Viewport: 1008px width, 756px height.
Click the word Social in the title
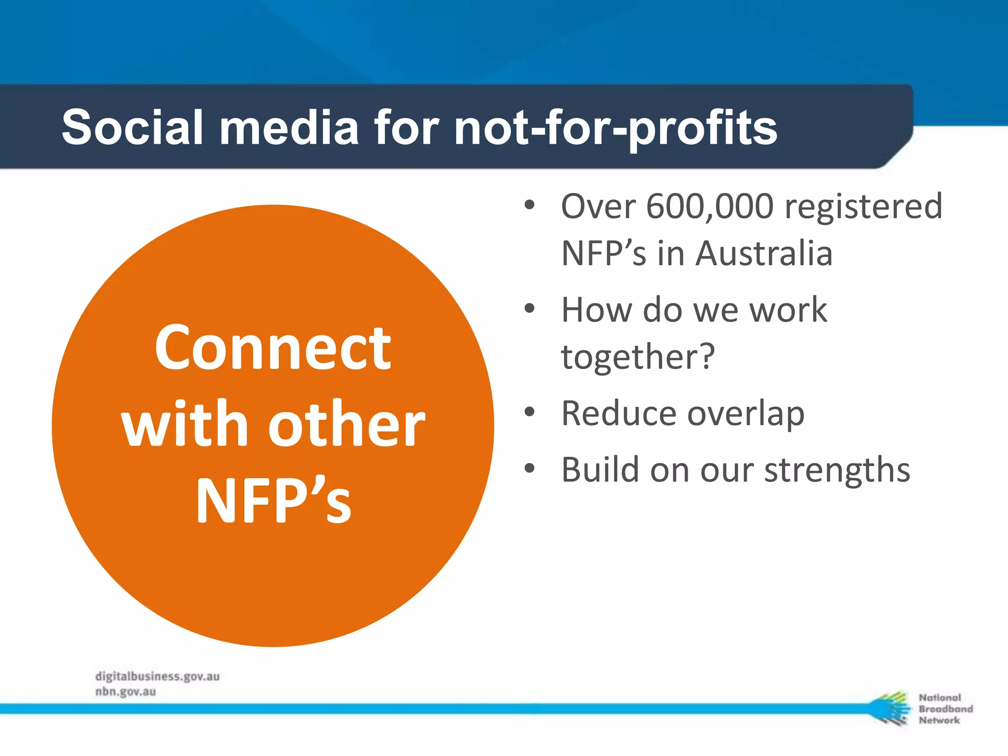132,128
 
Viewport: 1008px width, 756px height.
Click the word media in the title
289,128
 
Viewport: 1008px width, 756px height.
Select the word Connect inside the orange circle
273,348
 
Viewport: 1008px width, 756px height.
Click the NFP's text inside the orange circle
274,501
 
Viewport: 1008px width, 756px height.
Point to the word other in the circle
346,424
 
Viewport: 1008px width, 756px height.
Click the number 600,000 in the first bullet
709,206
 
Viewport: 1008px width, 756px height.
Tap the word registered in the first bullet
863,207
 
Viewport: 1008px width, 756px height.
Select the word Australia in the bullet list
764,253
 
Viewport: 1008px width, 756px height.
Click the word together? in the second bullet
638,356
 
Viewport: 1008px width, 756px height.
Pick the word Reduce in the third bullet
618,413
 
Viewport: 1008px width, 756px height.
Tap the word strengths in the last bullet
837,471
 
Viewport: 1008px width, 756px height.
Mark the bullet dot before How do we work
530,309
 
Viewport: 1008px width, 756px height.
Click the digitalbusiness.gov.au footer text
157,676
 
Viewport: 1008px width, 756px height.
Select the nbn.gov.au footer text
126,692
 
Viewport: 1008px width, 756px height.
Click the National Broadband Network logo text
945,709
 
